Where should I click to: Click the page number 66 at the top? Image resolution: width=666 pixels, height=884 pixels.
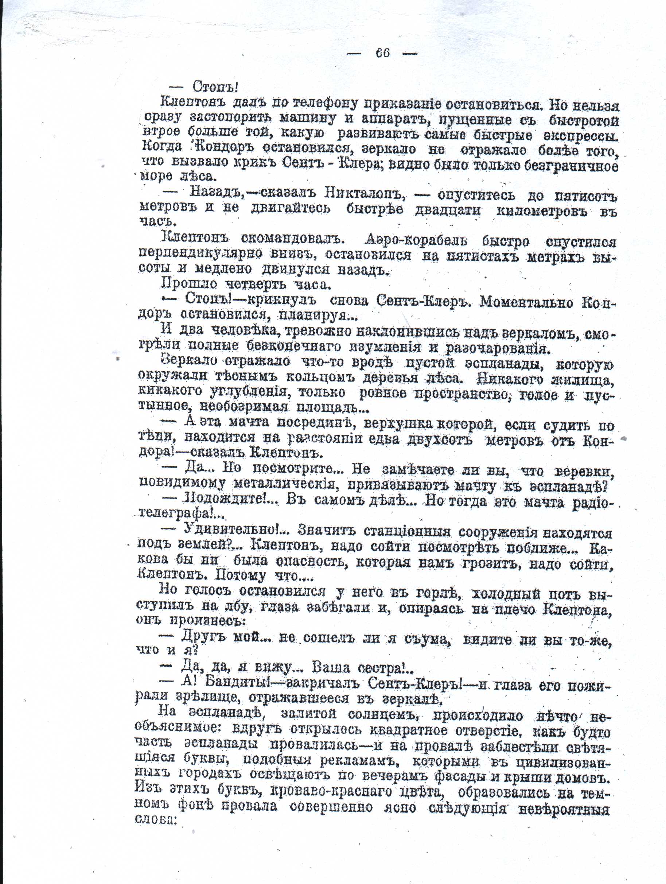click(382, 53)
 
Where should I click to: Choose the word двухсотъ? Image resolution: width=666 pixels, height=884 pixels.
click(440, 441)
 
